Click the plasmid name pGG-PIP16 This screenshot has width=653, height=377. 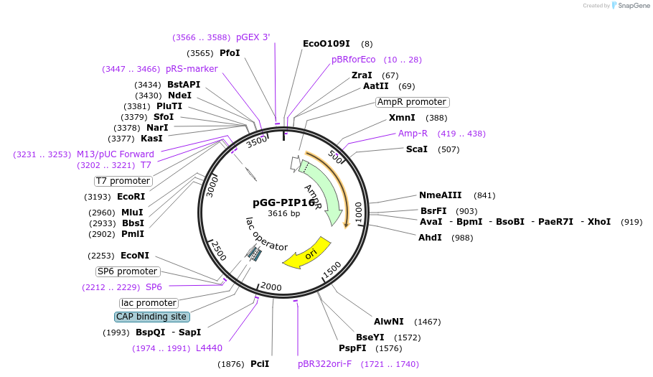click(283, 203)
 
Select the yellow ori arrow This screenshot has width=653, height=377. click(309, 253)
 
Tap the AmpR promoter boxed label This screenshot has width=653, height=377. click(413, 102)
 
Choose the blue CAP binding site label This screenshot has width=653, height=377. click(151, 317)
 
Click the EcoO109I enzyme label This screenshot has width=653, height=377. click(326, 44)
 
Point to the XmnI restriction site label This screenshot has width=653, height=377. click(402, 118)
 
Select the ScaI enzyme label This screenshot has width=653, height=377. click(417, 149)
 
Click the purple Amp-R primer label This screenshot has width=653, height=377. click(413, 134)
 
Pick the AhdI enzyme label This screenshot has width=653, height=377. click(431, 238)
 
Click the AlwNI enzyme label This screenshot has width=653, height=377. click(389, 322)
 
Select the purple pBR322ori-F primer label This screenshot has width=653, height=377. click(325, 364)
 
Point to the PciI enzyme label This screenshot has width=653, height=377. click(260, 364)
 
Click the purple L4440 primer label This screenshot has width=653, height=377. click(209, 348)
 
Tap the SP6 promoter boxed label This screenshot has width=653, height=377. click(128, 271)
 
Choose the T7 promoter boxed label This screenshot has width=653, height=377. click(123, 181)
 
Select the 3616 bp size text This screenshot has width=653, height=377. click(283, 214)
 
